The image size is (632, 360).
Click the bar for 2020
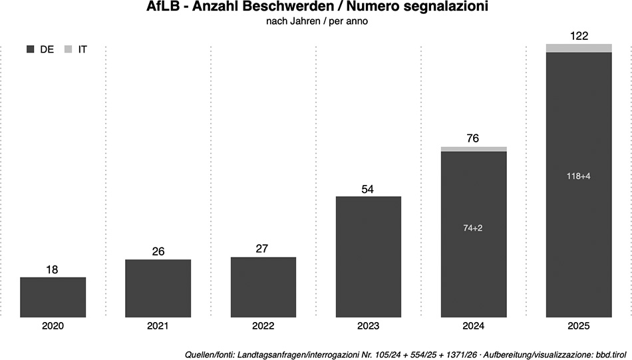point(53,297)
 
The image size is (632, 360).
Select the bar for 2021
point(158,288)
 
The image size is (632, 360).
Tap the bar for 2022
point(263,287)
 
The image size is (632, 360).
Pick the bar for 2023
point(369,257)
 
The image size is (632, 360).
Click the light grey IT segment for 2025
point(579,48)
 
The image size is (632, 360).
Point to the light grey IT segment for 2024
point(474,149)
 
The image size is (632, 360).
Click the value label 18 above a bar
point(53,270)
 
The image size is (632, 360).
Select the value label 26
point(158,252)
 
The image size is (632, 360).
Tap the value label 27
point(263,249)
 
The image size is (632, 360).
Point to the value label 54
point(369,189)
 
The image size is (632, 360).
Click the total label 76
point(474,138)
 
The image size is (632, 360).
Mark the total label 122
point(579,36)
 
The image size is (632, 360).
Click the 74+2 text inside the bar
point(474,228)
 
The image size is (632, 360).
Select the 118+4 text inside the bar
point(579,176)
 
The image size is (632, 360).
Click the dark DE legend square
point(30,49)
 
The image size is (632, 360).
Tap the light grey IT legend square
point(68,49)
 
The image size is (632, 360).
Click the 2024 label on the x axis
point(474,326)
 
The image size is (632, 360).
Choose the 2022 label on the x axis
point(263,326)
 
